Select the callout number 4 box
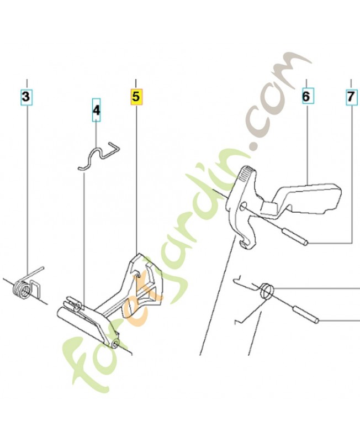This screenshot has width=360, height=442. click(x=96, y=110)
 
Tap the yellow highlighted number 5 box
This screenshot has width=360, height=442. click(x=136, y=97)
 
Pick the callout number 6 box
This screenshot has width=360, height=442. click(x=306, y=96)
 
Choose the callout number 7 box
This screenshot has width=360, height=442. click(x=351, y=97)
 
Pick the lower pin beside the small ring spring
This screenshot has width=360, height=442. click(x=306, y=314)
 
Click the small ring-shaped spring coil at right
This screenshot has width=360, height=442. click(x=267, y=291)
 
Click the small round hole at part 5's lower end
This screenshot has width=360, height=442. click(x=115, y=343)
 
